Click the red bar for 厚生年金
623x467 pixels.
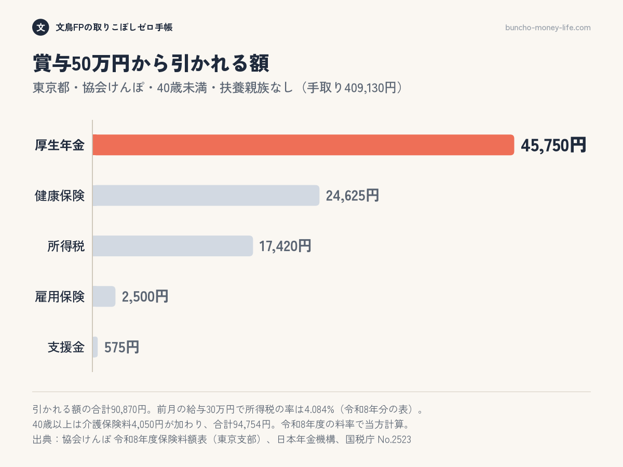(x=303, y=145)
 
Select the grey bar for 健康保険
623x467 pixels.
(x=206, y=196)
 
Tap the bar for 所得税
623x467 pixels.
(x=173, y=246)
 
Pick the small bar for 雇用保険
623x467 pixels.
(x=104, y=296)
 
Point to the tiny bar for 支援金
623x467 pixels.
(x=96, y=347)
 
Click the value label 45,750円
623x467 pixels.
(x=553, y=145)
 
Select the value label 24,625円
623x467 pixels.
(x=352, y=196)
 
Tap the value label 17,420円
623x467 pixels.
(x=285, y=246)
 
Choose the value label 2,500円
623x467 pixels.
(x=145, y=297)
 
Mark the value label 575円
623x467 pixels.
(x=122, y=347)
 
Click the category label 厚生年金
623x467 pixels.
(x=60, y=145)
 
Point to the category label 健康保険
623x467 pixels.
(x=60, y=196)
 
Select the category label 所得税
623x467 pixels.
(x=66, y=246)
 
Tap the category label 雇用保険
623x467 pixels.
(x=60, y=297)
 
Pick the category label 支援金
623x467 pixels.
(x=66, y=347)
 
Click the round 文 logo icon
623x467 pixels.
(x=40, y=27)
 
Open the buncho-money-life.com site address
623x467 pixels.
(x=548, y=28)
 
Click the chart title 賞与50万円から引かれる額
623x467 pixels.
(x=151, y=63)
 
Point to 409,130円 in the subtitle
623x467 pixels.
(x=370, y=88)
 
